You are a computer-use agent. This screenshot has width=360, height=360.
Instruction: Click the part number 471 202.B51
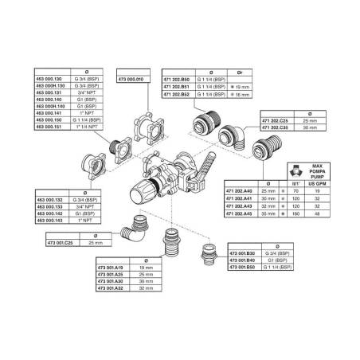point(178,88)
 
